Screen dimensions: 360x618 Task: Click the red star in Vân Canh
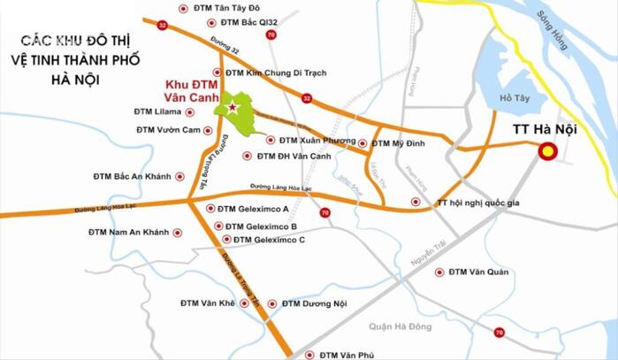[x=233, y=108]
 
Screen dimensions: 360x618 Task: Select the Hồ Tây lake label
[x=512, y=98]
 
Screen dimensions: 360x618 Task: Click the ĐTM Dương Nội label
[x=316, y=303]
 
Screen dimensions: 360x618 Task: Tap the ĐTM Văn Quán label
[x=478, y=272]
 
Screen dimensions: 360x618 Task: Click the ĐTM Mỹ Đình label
[x=398, y=142]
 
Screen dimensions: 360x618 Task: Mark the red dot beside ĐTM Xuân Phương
[x=271, y=139]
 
